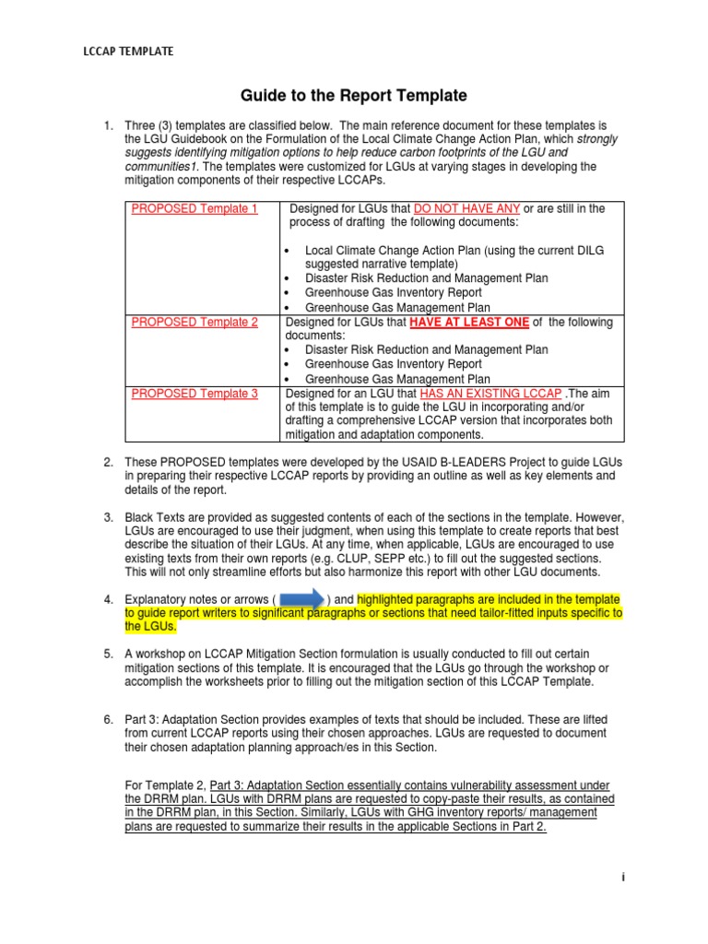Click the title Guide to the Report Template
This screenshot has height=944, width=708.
pyautogui.click(x=354, y=95)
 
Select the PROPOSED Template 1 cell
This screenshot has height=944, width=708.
pyautogui.click(x=195, y=209)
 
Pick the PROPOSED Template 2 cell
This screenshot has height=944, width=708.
pyautogui.click(x=195, y=323)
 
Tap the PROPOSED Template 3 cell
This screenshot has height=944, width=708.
pyautogui.click(x=195, y=394)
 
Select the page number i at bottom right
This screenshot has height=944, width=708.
pyautogui.click(x=623, y=878)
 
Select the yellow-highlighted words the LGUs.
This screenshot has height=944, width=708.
pyautogui.click(x=149, y=627)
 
